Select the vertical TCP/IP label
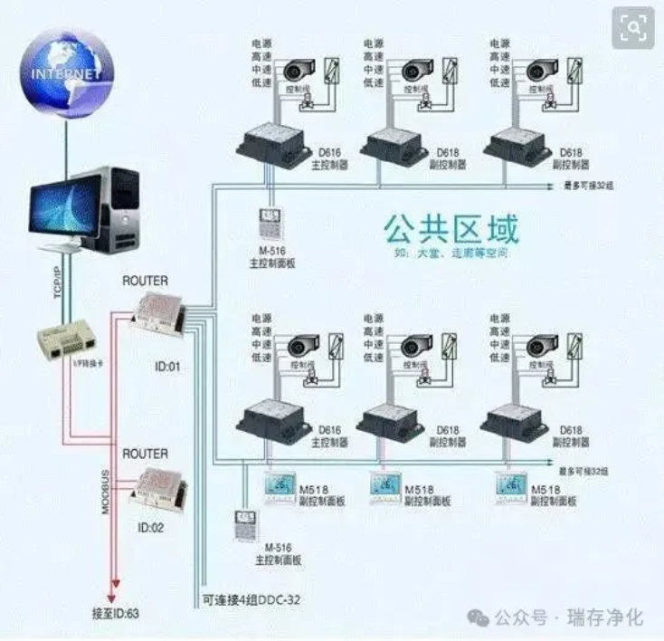57,280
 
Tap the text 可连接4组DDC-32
252,599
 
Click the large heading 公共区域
451,228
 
